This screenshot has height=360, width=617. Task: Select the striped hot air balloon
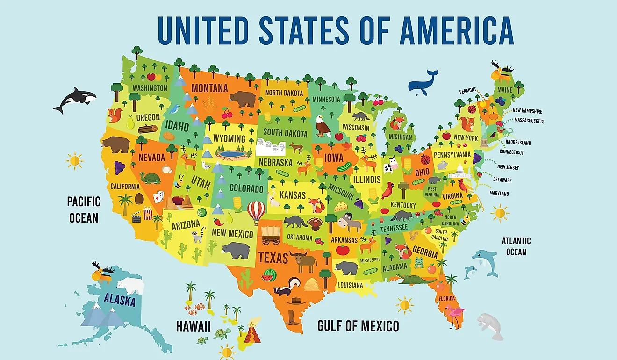click(x=256, y=212)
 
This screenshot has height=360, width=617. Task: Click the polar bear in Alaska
click(x=130, y=285)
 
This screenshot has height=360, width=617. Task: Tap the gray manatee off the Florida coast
click(x=490, y=325)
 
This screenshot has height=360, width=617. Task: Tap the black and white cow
click(x=390, y=165)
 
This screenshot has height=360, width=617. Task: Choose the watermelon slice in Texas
click(x=268, y=275)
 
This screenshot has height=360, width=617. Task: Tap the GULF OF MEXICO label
click(x=358, y=326)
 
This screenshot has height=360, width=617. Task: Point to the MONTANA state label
click(x=209, y=88)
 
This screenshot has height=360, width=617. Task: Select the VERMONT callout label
click(x=467, y=90)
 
